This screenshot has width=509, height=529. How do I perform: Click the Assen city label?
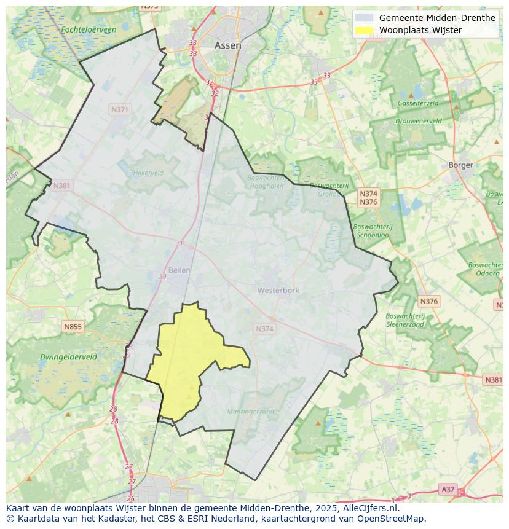[227, 45]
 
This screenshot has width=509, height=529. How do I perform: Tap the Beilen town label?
[179, 270]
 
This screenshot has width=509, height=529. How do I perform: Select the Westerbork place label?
[278, 290]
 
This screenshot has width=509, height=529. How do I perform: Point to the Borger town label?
[460, 165]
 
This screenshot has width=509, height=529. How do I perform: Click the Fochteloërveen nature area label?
[89, 29]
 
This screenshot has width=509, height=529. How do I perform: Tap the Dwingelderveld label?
[68, 356]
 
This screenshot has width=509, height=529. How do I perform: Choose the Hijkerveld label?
[148, 173]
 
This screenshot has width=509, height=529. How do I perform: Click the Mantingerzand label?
[250, 412]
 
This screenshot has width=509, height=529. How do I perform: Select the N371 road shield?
[120, 109]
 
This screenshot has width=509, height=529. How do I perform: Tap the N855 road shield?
[73, 327]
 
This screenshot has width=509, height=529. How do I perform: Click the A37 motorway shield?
[448, 489]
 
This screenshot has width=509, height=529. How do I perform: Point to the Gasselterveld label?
[417, 103]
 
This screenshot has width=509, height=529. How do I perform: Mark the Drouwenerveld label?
[418, 121]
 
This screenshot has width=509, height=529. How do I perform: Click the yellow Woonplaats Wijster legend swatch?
[365, 30]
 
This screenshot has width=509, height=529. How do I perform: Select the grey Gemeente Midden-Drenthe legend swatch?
[365, 18]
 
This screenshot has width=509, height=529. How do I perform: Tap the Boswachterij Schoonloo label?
[372, 231]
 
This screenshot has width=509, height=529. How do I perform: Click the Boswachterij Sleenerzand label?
[404, 320]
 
